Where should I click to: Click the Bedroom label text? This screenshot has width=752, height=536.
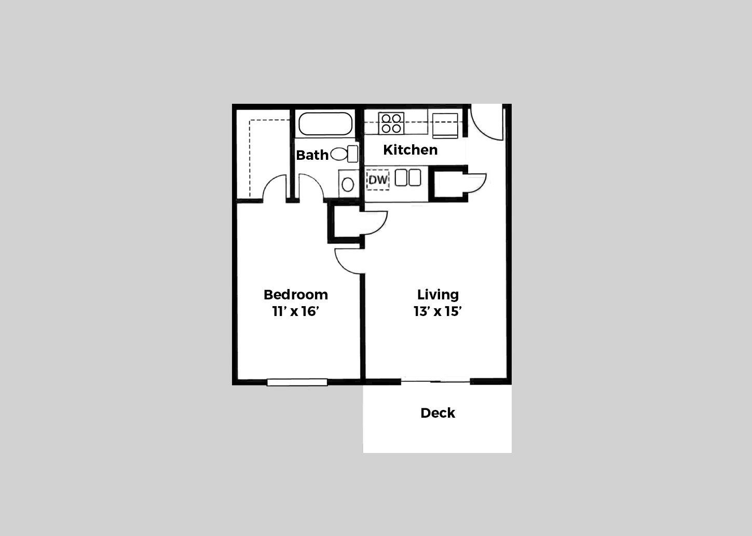click(x=295, y=295)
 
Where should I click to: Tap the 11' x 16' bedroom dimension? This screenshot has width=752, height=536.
click(x=295, y=311)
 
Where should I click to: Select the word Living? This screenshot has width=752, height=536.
click(x=437, y=295)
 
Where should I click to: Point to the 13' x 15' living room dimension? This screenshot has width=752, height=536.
click(x=437, y=311)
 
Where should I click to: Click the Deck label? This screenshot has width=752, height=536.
click(x=437, y=413)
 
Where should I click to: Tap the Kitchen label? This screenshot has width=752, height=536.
click(x=410, y=150)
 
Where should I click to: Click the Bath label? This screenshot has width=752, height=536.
click(x=312, y=155)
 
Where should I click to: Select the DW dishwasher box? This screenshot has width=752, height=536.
click(x=378, y=180)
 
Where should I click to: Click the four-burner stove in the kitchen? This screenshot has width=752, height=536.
click(x=391, y=123)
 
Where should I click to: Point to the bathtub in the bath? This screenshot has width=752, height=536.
click(x=325, y=124)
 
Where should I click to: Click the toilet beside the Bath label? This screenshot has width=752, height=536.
click(x=344, y=154)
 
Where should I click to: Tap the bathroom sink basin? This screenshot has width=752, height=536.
click(x=348, y=184)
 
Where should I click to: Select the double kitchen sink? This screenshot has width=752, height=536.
click(x=408, y=178)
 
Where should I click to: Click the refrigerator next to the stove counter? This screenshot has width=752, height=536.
click(x=445, y=125)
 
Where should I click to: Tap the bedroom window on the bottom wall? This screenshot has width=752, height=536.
click(x=297, y=382)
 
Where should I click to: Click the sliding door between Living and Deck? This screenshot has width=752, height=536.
click(x=436, y=381)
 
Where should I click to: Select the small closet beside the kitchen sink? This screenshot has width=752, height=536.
click(x=448, y=184)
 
